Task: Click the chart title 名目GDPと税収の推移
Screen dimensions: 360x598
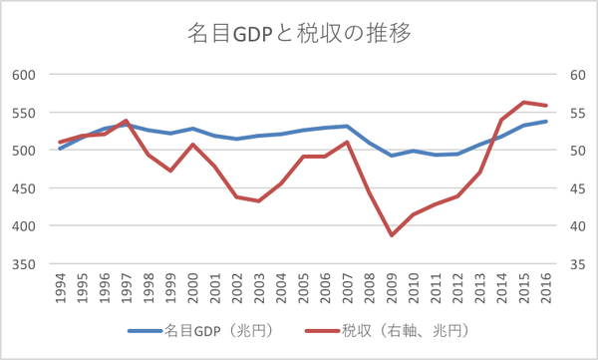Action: pos(299,32)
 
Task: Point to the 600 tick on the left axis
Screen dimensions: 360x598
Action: pos(24,75)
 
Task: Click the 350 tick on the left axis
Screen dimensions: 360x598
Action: pos(24,264)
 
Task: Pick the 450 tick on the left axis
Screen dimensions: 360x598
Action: pos(24,188)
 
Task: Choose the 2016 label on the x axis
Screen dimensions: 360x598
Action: pos(544,290)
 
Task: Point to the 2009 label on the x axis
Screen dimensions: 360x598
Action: pos(390,290)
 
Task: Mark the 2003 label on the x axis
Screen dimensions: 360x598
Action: pos(258,290)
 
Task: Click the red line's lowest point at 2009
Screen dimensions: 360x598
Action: pos(391,235)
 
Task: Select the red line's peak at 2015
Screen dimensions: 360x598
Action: pos(523,102)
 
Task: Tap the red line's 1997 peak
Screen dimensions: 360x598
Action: pos(127,121)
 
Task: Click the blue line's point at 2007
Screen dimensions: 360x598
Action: pos(347,127)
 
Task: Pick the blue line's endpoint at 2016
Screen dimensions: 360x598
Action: pos(545,122)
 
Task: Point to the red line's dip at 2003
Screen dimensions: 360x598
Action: pos(258,201)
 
